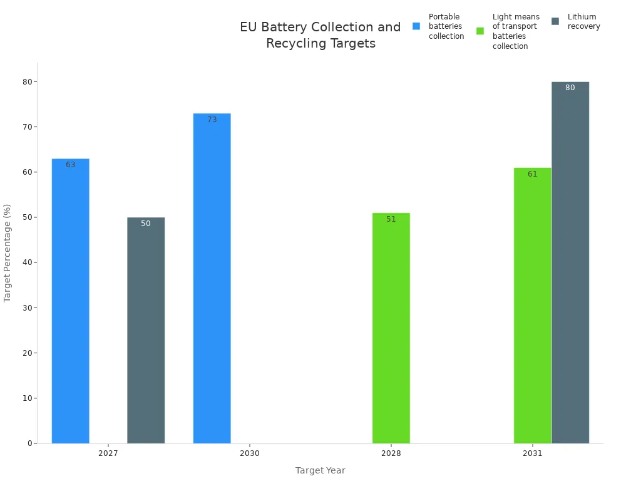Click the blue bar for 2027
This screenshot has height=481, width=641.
coord(70,301)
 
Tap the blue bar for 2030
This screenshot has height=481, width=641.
coord(212,278)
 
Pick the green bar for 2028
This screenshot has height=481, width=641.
coord(391,328)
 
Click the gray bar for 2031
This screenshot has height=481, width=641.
coord(570,262)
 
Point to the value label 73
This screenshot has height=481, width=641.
coord(212,120)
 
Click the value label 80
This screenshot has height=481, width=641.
coord(570,88)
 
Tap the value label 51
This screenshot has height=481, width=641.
coord(391,219)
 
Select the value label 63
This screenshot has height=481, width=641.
coord(71,165)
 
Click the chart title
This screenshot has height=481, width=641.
coord(320,35)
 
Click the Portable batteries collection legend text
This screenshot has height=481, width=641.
coord(446,26)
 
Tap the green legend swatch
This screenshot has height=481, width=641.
coord(480,31)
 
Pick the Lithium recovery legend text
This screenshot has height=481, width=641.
coord(583,21)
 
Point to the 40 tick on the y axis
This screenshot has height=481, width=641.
coord(29,262)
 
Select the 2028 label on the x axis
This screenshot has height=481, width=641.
coord(391,453)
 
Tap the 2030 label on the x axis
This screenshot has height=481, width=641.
coord(250,453)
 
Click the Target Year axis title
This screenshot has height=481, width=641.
coord(320,470)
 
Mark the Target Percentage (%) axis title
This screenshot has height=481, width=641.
coord(8,253)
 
